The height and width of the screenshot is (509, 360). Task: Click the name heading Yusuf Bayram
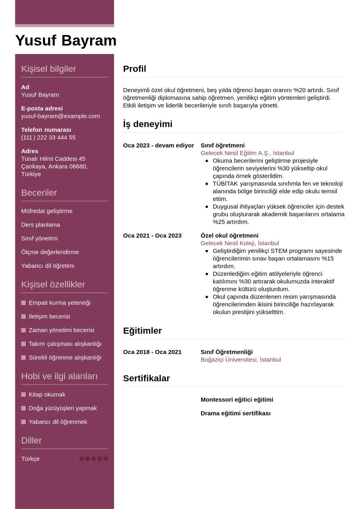coord(66,41)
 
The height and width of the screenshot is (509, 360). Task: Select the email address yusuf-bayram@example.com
coord(60,116)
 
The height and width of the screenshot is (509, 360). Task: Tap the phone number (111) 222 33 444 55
coord(48,137)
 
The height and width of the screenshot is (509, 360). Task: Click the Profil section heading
coord(135,69)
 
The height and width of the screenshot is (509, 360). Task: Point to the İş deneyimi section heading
coord(148,124)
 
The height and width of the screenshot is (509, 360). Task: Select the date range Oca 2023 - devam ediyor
coord(158,145)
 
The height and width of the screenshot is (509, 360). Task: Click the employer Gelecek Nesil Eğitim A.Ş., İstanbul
coord(247,153)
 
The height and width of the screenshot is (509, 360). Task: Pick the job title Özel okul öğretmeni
coord(229,235)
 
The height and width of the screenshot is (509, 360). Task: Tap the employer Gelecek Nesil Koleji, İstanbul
coord(239,243)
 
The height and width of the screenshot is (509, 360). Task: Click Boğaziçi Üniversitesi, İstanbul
coord(241,359)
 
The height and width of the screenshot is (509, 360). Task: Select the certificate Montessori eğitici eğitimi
coord(237,400)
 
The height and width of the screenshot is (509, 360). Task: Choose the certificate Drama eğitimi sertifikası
coord(235,413)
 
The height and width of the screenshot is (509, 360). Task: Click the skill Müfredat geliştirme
coord(47,211)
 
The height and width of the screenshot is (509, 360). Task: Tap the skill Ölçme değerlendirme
coord(50,252)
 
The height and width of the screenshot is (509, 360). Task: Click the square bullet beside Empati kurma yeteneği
coord(23,303)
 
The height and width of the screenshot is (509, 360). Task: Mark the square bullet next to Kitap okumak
coord(23,395)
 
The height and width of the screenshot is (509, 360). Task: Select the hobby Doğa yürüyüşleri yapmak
coord(62,408)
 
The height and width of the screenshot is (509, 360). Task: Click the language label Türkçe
coord(30,459)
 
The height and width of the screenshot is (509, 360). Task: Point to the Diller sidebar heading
coord(31,440)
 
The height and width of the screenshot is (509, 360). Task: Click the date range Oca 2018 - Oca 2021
coord(152,352)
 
